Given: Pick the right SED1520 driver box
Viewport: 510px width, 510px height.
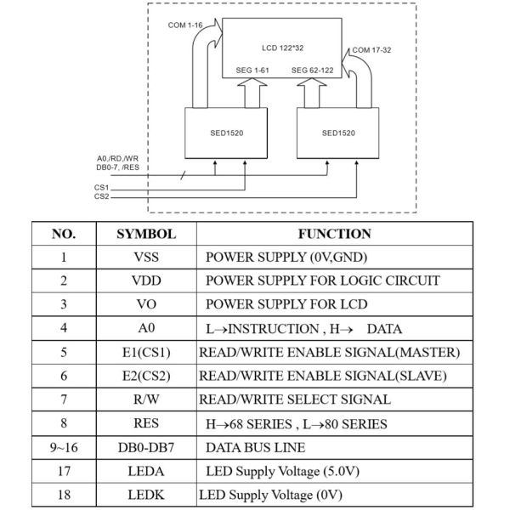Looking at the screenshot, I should click(338, 133).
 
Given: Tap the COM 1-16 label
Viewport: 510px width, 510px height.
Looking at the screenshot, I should click(184, 25).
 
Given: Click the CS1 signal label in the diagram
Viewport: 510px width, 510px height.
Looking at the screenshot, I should click(101, 186).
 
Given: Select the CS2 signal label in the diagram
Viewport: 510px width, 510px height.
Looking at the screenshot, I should click(101, 196).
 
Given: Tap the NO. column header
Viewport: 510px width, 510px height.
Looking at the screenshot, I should click(64, 234).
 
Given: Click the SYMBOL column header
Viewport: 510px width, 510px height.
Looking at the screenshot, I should click(146, 234).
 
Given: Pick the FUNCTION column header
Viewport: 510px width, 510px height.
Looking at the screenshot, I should click(334, 234).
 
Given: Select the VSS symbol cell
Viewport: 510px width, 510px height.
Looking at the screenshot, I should click(146, 258).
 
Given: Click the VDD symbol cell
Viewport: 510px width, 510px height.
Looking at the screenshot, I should click(146, 280).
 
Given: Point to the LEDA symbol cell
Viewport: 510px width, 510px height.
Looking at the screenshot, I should click(146, 471).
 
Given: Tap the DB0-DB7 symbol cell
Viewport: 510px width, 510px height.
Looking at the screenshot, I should click(146, 447).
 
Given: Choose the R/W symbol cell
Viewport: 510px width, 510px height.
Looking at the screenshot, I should click(146, 399).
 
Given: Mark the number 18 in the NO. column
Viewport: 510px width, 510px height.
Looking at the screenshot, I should click(64, 495).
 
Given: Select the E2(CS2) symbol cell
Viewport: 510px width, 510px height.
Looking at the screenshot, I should click(146, 376).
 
